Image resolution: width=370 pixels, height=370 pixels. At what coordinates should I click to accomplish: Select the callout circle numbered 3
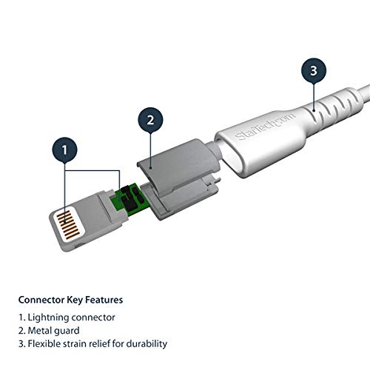[x=314, y=71]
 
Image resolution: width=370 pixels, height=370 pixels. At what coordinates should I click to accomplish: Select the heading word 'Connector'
[x=42, y=300]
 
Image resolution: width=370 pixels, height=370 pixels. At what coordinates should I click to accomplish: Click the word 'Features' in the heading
[x=104, y=300]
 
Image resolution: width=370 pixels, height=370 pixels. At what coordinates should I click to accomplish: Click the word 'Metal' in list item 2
[x=40, y=330]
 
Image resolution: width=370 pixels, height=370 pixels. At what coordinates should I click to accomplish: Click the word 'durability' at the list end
[x=145, y=343]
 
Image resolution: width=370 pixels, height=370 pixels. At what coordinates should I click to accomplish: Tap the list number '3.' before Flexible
[x=22, y=343]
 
